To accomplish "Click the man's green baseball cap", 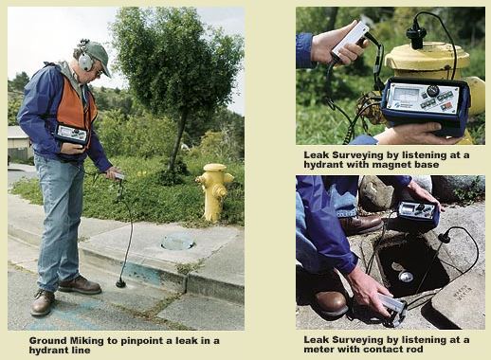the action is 98,56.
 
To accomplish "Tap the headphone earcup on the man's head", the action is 85,62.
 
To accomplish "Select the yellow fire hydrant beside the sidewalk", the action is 214,192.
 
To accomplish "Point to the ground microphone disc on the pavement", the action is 120,283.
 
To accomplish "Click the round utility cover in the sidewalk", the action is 178,242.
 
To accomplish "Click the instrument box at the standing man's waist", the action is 71,134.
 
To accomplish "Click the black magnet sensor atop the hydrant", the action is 416,36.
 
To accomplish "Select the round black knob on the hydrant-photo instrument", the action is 433,91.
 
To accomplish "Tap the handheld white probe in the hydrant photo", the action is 350,40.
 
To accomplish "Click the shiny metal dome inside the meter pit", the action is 406,277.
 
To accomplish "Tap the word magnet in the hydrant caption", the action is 395,165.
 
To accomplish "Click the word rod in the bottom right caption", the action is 414,350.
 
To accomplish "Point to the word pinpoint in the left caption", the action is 144,341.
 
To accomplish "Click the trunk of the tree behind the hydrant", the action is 177,139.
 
